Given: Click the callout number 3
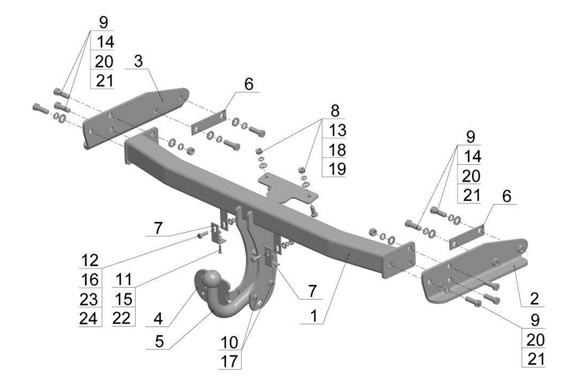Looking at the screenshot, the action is click(x=138, y=61).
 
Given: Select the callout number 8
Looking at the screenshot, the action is click(x=335, y=111).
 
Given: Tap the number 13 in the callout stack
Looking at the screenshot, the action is click(x=337, y=130).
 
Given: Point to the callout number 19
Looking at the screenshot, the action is click(x=337, y=169).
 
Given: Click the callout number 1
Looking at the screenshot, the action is click(x=314, y=316).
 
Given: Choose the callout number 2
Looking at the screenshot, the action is click(x=534, y=299).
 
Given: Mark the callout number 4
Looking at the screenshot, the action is click(x=158, y=319).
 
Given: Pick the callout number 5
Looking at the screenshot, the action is click(x=159, y=341).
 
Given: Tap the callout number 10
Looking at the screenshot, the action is click(x=229, y=342).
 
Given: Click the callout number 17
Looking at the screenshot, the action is click(x=229, y=361).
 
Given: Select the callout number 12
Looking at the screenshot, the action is click(x=90, y=260).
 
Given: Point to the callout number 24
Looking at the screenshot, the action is click(x=89, y=318).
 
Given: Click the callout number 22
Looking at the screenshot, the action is click(x=122, y=318).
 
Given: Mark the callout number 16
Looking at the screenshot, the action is click(x=90, y=279).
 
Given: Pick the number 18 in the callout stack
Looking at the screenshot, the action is click(x=337, y=150).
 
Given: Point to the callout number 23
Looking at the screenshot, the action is click(x=89, y=299).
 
